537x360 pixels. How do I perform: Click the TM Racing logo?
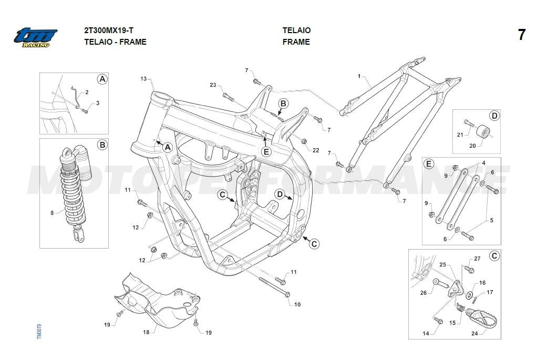[x=35, y=38]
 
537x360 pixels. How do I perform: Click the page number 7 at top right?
[x=521, y=35]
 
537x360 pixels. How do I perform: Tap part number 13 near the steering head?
[x=143, y=79]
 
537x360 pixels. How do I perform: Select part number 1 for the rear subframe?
[x=359, y=77]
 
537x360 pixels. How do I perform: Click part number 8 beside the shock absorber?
[x=51, y=213]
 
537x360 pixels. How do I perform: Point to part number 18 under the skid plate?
[x=147, y=332]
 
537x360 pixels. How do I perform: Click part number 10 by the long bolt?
[x=297, y=304]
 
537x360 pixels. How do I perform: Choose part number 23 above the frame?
[x=213, y=85]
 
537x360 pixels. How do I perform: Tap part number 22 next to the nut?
[x=316, y=150]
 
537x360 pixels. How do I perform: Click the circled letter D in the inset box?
[x=494, y=116]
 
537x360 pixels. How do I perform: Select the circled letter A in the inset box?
[x=102, y=79]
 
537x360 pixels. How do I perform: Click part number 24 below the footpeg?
[x=475, y=333]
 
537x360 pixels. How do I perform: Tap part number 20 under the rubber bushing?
[x=472, y=146]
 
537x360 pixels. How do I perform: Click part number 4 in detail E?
[x=483, y=163]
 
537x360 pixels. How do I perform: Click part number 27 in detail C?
[x=477, y=259]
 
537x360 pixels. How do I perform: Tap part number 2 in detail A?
[x=87, y=92]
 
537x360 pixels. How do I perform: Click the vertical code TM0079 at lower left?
[x=39, y=333]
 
